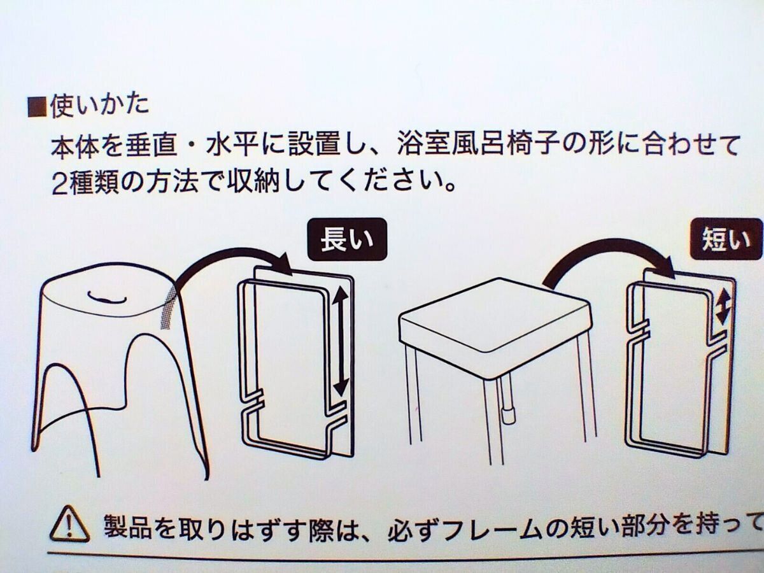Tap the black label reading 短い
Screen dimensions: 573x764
[x=725, y=240]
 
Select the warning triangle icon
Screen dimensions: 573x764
[x=68, y=524]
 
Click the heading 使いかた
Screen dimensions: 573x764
[x=99, y=104]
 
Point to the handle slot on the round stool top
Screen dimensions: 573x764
[x=103, y=297]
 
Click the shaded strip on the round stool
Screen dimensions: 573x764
[x=169, y=305]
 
